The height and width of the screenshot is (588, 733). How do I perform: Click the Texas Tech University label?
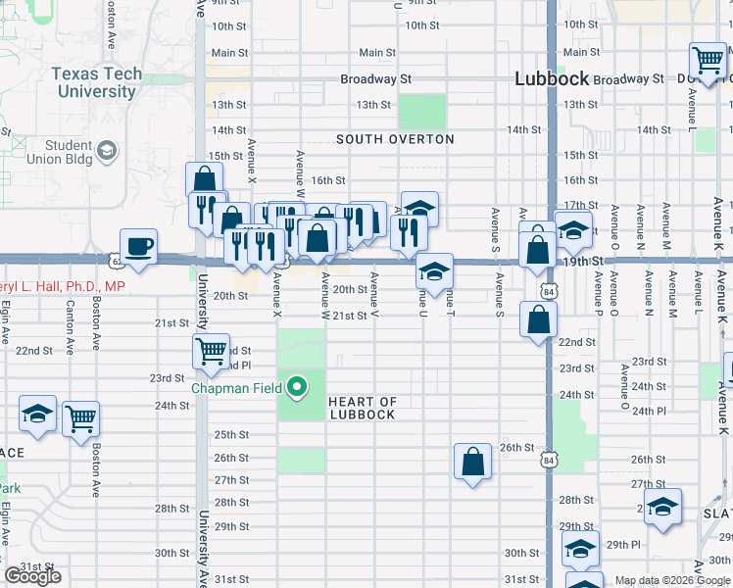(x=95, y=83)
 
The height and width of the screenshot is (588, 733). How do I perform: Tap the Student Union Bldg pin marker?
(x=107, y=151)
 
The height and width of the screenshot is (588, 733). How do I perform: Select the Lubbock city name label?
(x=552, y=79)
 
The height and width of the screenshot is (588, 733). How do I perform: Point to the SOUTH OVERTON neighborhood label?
(x=395, y=139)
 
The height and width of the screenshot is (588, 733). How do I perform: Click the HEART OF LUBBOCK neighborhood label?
(x=362, y=408)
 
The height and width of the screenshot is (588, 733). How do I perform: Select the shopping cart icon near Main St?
(x=708, y=59)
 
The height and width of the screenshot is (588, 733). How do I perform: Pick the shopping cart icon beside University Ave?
(x=212, y=351)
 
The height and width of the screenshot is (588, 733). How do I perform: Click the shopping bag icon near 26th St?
(x=472, y=461)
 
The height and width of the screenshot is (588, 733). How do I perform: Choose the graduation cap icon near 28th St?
(x=662, y=506)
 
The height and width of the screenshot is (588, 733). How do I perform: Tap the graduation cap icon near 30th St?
(x=580, y=551)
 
